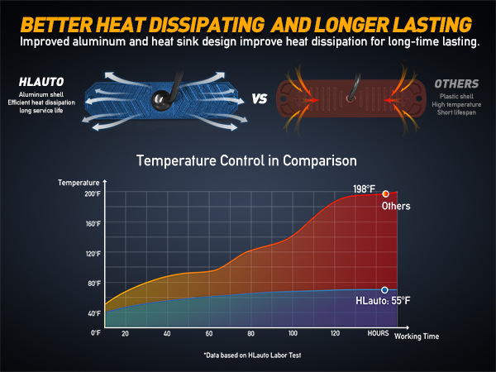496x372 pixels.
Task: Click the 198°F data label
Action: [365, 189]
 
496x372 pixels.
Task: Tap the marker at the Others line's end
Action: [385, 193]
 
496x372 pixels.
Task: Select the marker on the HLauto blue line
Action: [384, 290]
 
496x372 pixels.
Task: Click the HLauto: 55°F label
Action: [383, 302]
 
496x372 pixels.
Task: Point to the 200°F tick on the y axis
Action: [93, 193]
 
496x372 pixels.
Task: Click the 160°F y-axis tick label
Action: [93, 223]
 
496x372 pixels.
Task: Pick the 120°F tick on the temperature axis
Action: [93, 253]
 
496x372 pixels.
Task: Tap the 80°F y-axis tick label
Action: [94, 283]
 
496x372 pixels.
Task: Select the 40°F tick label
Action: [94, 313]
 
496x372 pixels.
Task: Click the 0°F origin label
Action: [96, 332]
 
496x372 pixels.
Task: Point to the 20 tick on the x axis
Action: [125, 333]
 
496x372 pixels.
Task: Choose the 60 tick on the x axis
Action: [209, 333]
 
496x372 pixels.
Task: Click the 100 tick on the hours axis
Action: [293, 333]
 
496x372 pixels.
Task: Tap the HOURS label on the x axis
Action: [379, 333]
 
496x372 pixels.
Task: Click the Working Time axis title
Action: [417, 336]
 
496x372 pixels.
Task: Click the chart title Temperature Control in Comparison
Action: [247, 160]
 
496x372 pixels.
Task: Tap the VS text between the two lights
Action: [259, 99]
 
